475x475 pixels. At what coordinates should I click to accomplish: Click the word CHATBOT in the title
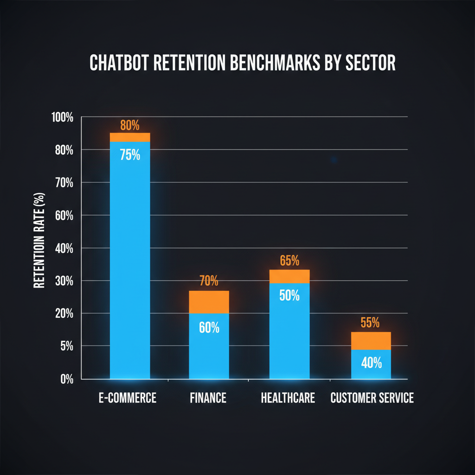point(118,64)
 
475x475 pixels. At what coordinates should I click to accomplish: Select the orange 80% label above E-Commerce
point(129,125)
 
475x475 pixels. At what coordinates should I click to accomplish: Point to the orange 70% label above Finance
point(209,281)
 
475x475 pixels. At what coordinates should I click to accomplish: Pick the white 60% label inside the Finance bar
point(209,327)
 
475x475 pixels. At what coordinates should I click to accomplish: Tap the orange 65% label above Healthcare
point(289,260)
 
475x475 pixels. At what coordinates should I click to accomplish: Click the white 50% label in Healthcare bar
point(289,295)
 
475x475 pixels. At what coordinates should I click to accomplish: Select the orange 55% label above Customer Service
point(370,323)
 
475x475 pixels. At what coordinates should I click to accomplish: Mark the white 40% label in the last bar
point(371,363)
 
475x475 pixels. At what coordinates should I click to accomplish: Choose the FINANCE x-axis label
point(208,398)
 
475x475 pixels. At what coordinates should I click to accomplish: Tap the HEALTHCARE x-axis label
point(288,398)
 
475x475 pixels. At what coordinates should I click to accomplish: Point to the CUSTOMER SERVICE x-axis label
point(372,398)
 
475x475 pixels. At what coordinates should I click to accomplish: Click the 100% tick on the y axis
point(63,117)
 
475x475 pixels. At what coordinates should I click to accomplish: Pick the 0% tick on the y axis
point(67,379)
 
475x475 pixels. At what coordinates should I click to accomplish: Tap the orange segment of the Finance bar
point(209,302)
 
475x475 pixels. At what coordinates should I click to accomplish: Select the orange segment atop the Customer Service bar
point(371,340)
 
